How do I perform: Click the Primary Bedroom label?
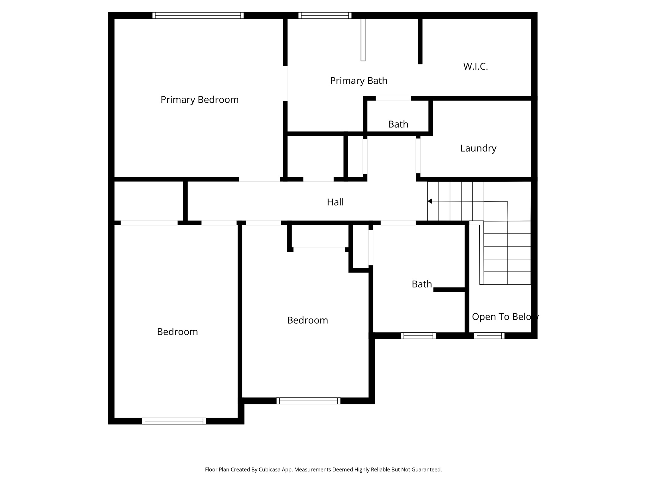click(199, 100)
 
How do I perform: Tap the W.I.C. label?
click(475, 66)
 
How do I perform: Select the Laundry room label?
click(478, 148)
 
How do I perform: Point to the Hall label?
click(335, 202)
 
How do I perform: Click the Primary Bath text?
click(359, 81)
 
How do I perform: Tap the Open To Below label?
click(505, 317)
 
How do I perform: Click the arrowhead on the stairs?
click(430, 201)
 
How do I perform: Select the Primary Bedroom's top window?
click(198, 16)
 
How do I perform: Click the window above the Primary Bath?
click(325, 16)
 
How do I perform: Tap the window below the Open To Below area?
click(489, 336)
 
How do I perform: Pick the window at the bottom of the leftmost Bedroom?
click(174, 421)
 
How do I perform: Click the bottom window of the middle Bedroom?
click(308, 401)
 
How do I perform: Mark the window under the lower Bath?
click(418, 336)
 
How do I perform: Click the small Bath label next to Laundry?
click(398, 124)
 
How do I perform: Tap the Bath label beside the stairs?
click(421, 284)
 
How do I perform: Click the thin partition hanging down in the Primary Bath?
click(363, 40)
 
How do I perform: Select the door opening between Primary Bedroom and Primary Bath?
click(285, 83)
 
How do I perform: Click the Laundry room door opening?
click(418, 156)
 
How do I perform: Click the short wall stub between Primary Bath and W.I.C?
click(420, 41)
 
